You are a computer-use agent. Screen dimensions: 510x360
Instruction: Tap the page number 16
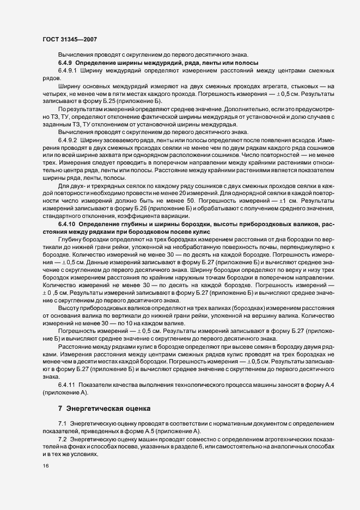tap(45, 466)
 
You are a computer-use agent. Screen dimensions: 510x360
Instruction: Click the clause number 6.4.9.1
tap(69, 71)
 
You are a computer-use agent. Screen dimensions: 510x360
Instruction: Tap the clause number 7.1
tap(62, 424)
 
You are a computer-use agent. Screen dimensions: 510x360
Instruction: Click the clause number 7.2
tap(62, 439)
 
